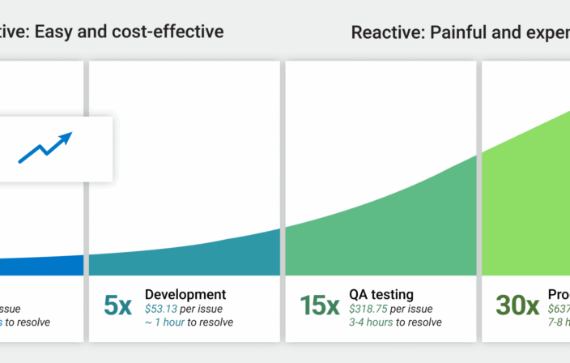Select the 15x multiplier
pyautogui.click(x=320, y=305)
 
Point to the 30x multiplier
pyautogui.click(x=517, y=305)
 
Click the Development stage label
pyautogui.click(x=185, y=294)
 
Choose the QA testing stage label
pyautogui.click(x=381, y=294)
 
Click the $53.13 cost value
pyautogui.click(x=164, y=309)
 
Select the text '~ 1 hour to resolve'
pyautogui.click(x=189, y=322)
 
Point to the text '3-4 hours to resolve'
pyautogui.click(x=395, y=322)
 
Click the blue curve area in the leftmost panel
pyautogui.click(x=40, y=267)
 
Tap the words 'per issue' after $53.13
pyautogui.click(x=205, y=309)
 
